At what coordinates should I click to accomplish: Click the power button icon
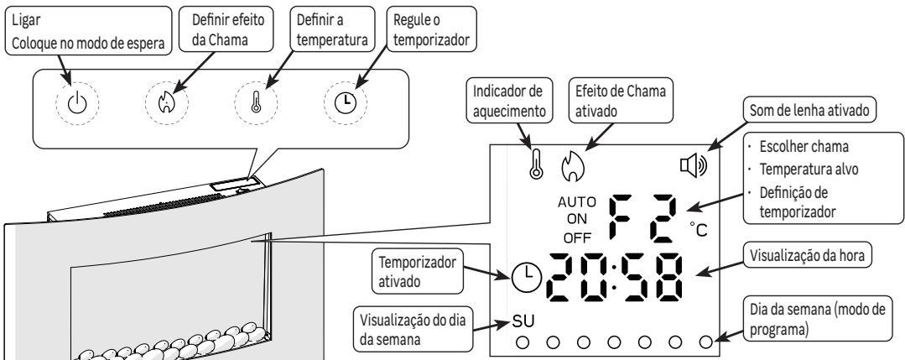(76, 103)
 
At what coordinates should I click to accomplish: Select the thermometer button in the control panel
(257, 103)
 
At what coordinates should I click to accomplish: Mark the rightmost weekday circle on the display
(705, 342)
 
